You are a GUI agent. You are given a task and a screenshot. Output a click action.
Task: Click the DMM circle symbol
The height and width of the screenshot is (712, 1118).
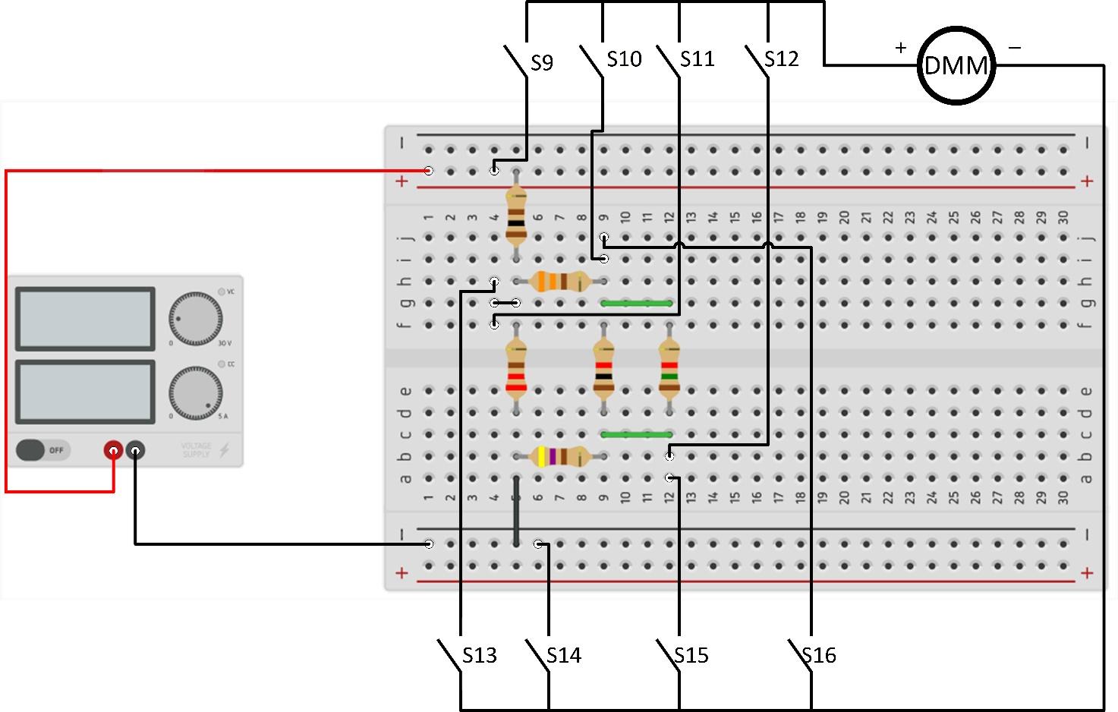pos(956,65)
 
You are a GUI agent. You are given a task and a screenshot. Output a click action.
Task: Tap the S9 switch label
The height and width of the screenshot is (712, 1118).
pos(541,63)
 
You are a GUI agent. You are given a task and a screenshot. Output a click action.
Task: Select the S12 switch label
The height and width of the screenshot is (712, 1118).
pos(781,59)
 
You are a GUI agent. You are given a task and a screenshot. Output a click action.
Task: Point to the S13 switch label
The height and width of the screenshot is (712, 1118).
pos(480,655)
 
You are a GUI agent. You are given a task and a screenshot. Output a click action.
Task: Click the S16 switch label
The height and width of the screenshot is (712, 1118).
pos(818,655)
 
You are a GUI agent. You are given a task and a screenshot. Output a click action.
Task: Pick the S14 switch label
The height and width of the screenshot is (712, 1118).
pos(563,655)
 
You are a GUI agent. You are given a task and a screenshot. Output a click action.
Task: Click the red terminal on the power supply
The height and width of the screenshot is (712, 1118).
pos(113,451)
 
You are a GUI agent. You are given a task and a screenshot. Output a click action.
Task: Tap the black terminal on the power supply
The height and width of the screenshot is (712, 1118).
pos(135,451)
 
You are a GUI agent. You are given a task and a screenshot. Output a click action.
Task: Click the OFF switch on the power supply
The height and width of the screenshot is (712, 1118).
pos(43,450)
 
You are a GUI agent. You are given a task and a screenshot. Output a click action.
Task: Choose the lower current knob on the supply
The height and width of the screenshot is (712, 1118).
pos(195,393)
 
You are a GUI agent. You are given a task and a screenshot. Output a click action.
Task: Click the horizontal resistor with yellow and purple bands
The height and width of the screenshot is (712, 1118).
pos(560,456)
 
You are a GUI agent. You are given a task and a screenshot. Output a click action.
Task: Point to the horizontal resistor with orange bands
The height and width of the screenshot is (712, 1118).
pos(560,282)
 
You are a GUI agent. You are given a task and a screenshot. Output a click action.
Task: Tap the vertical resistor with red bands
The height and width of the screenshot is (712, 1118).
pos(516,368)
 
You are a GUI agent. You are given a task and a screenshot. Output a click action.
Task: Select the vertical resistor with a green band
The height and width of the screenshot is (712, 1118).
pos(669,368)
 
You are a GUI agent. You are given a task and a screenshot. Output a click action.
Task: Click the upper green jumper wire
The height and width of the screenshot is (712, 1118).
pos(636,304)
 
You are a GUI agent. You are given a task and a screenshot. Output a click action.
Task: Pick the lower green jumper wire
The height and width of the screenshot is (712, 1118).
pos(636,435)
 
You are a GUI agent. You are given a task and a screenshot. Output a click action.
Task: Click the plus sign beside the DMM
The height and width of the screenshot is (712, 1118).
pos(900,48)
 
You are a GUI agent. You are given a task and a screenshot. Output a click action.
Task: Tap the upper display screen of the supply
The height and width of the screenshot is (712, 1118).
pos(85,319)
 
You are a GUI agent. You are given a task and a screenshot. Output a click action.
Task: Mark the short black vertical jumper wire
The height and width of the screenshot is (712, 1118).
pos(516,511)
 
